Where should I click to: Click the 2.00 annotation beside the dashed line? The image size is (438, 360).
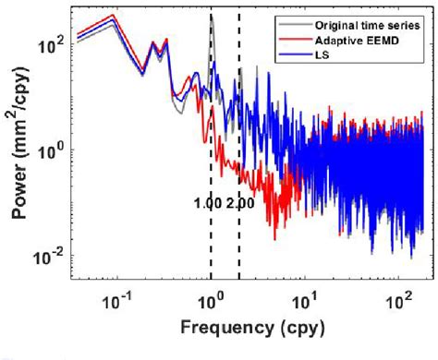click(x=239, y=204)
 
